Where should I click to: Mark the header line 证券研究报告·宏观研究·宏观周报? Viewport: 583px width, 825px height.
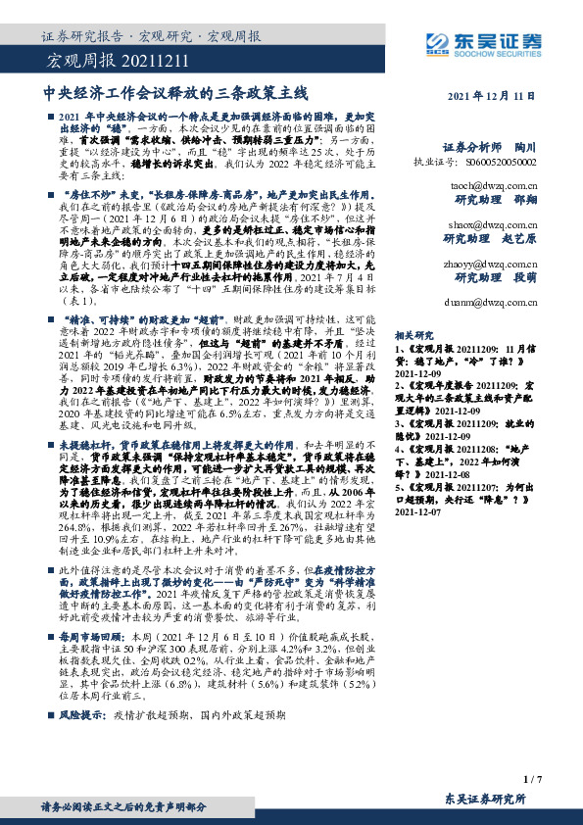coord(151,37)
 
